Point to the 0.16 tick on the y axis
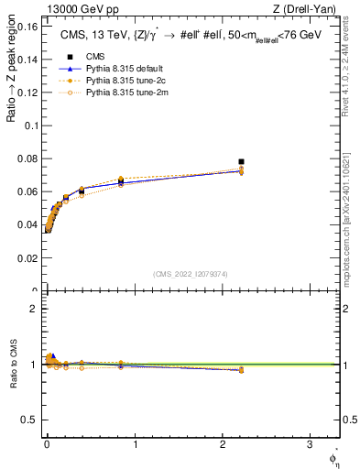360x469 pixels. [27, 27]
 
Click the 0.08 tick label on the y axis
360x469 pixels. [27, 159]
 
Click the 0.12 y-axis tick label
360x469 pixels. [27, 93]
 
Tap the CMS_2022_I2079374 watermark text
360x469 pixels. [191, 273]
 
